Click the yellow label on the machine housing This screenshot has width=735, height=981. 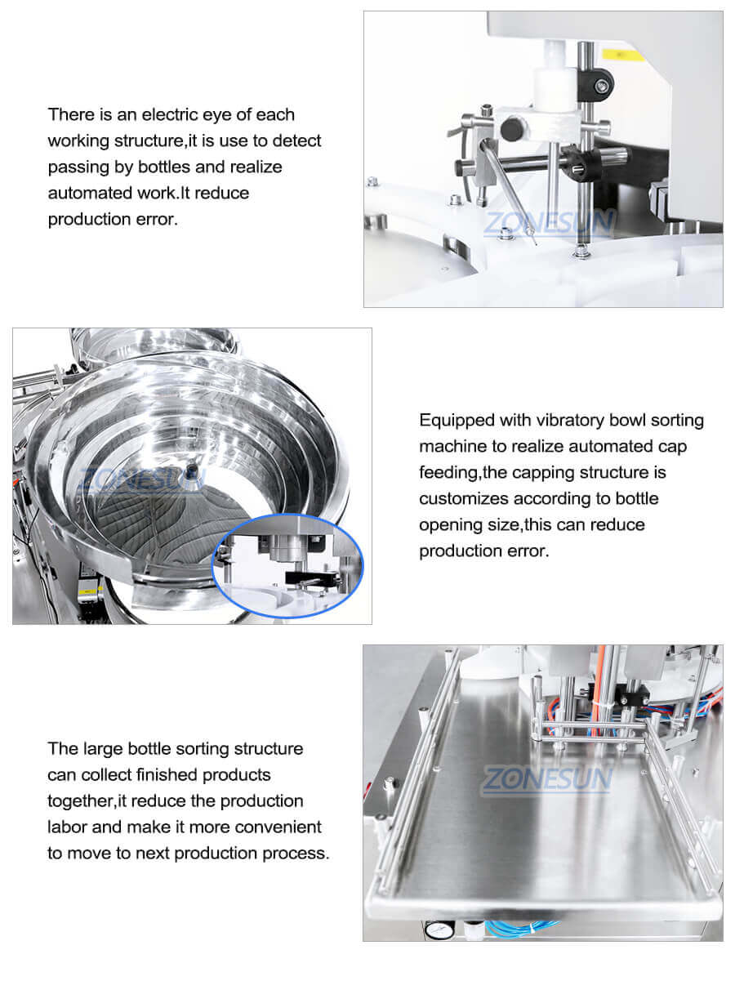(612, 53)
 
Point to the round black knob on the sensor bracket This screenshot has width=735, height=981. (513, 129)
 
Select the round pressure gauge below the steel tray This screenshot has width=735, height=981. (430, 929)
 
